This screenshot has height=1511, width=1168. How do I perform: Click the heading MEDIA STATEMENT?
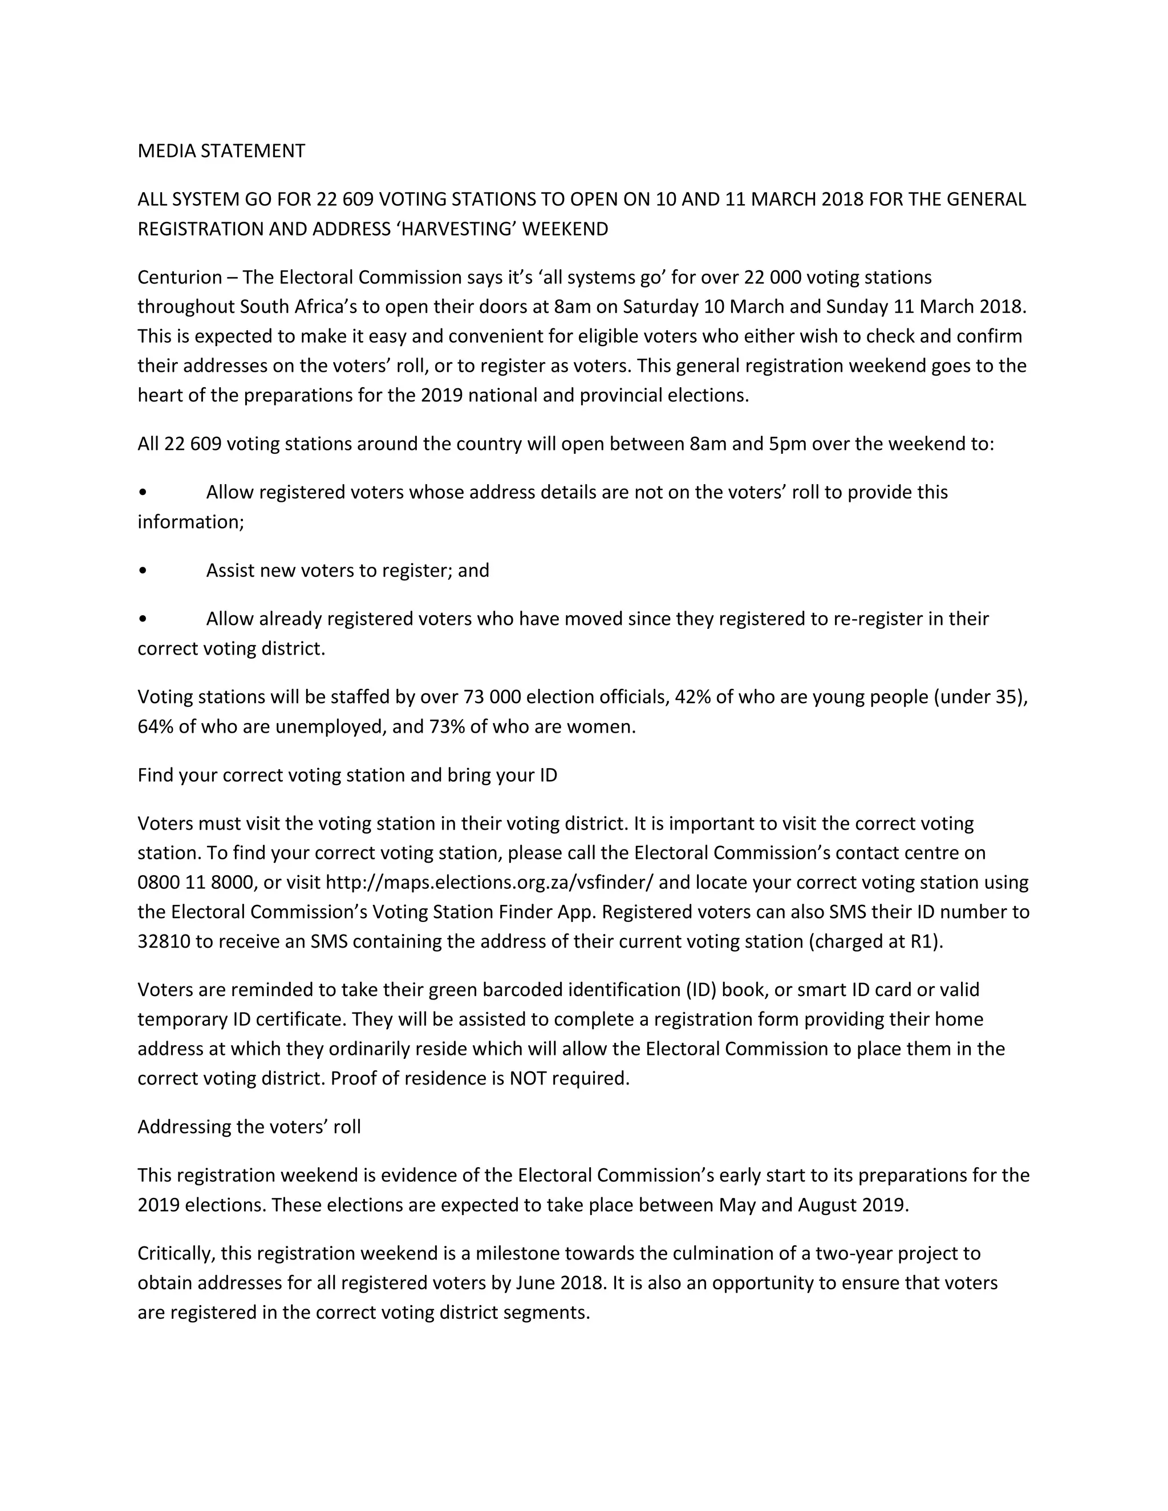point(221,151)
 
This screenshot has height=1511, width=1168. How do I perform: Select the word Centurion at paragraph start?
point(179,278)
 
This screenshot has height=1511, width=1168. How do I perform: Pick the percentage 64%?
point(155,727)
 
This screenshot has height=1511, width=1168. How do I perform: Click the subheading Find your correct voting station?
point(347,775)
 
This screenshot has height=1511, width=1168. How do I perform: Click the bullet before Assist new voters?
point(143,571)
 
